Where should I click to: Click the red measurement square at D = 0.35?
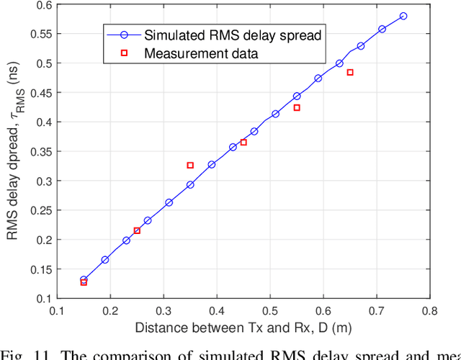(190, 165)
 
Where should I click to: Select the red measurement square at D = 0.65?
(350, 72)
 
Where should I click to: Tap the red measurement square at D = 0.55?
(297, 107)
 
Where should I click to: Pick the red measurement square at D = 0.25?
(137, 230)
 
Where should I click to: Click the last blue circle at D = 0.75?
(403, 16)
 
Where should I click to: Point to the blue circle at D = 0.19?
(105, 259)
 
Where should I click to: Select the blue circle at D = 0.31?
(169, 202)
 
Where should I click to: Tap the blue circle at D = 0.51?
(275, 114)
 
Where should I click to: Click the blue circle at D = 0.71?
(382, 29)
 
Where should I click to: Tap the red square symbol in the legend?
(123, 53)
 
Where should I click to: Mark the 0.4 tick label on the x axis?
(217, 311)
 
